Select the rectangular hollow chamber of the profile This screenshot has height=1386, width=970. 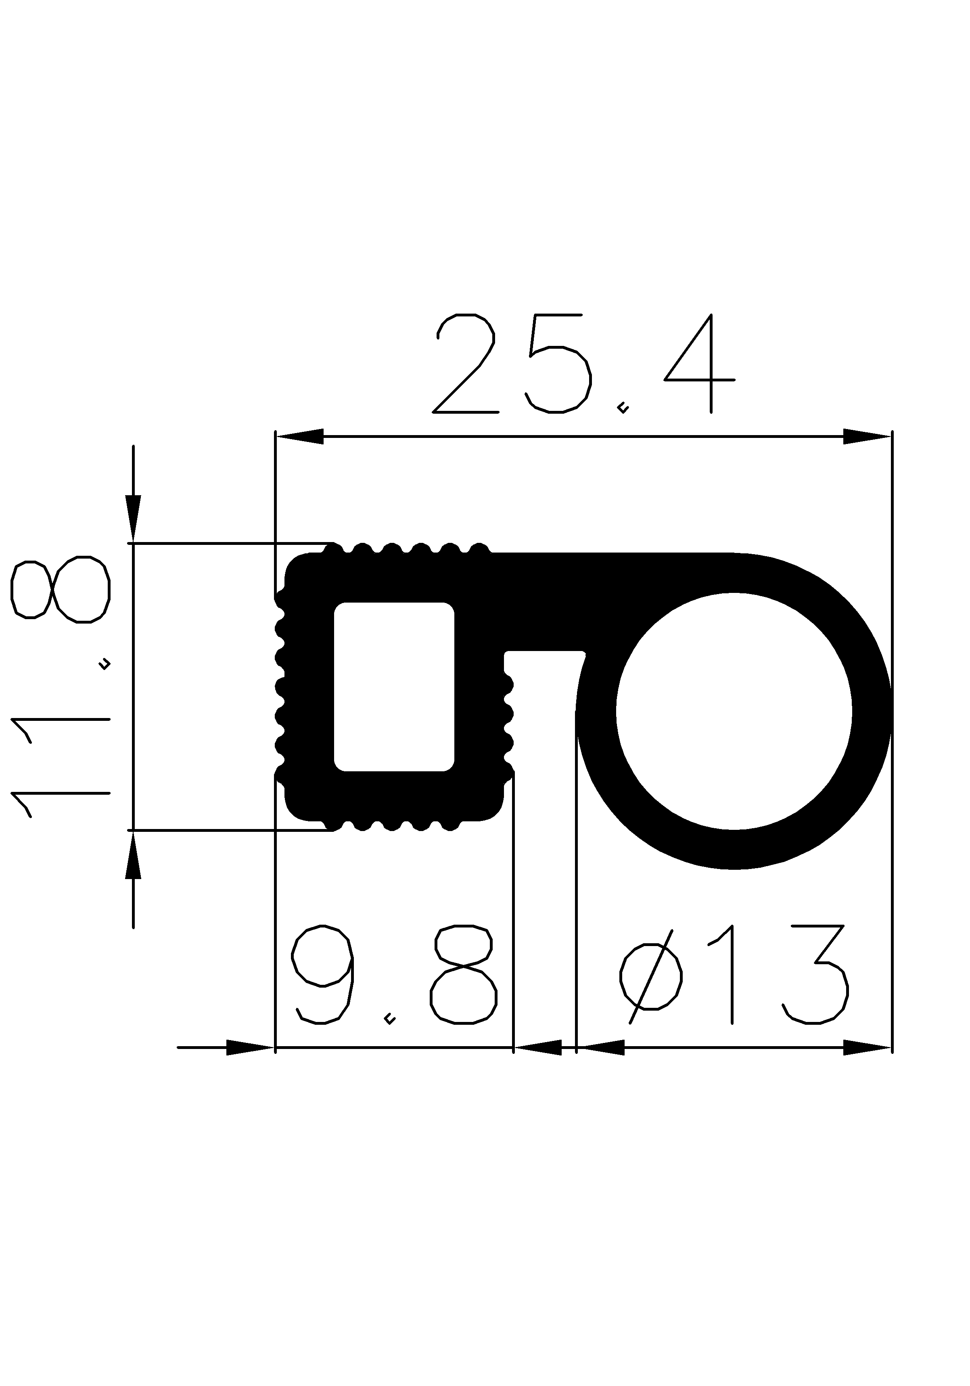393,687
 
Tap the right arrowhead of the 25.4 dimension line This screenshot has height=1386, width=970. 867,436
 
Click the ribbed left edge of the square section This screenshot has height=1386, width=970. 280,687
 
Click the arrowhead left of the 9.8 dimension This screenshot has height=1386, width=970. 250,1047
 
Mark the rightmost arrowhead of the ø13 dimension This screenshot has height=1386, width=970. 867,1047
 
